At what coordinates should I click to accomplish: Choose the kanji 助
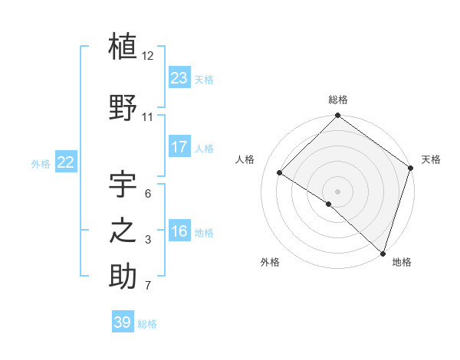tap(123, 277)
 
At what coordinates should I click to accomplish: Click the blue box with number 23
tap(179, 77)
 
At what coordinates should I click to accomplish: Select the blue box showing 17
tap(179, 147)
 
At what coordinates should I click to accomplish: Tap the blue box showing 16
tap(179, 231)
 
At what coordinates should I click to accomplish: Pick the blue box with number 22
tap(66, 162)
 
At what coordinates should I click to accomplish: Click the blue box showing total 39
tap(123, 322)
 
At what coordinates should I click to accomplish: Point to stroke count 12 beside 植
tap(148, 56)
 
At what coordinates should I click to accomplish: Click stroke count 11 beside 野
tap(148, 117)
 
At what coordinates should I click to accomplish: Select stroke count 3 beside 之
tap(148, 241)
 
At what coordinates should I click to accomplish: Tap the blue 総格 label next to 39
tap(148, 324)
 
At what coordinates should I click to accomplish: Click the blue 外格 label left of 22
tap(41, 163)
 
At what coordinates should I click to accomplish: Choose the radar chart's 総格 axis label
tap(337, 100)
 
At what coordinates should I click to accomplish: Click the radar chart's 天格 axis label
tap(431, 159)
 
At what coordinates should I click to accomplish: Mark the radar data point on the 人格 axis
tap(280, 173)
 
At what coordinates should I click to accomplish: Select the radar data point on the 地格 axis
tap(383, 253)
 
